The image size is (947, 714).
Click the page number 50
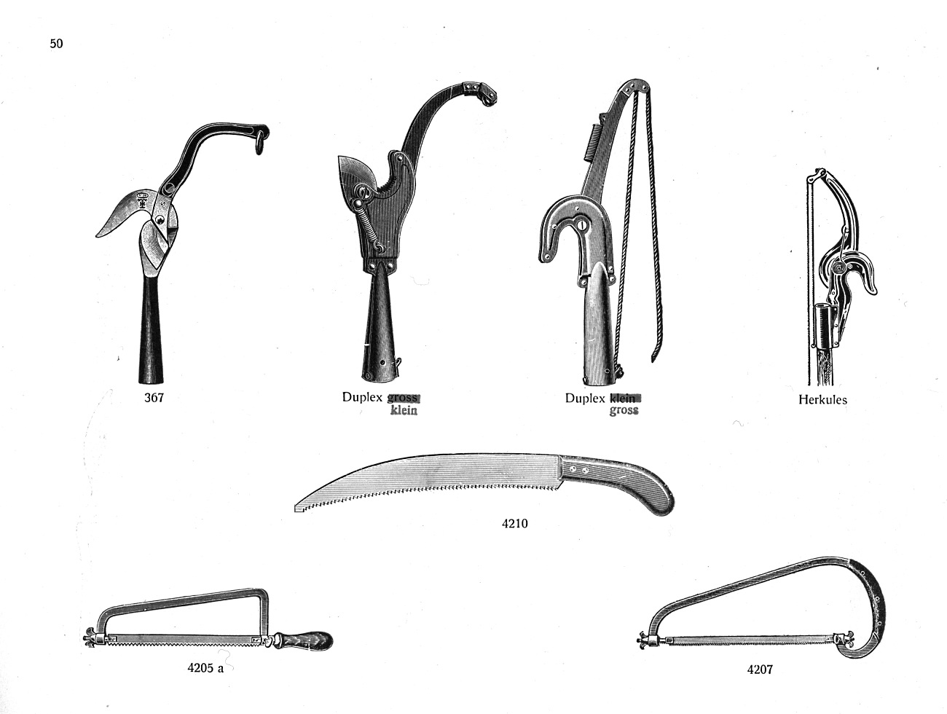[x=56, y=44]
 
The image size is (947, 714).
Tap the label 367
[x=154, y=397]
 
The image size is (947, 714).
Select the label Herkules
[x=822, y=399]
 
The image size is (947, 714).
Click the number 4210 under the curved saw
[x=515, y=523]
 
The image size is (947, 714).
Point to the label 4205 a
[x=205, y=668]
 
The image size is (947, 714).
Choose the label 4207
[x=760, y=670]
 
